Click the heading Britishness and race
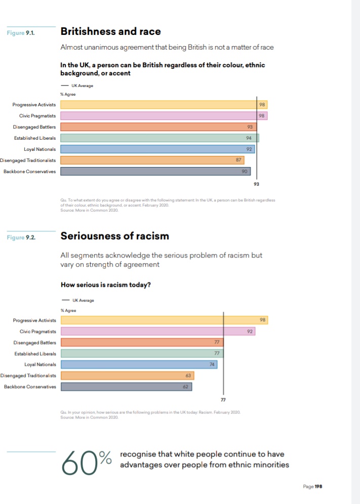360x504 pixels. (110, 31)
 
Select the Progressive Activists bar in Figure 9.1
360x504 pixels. (164, 105)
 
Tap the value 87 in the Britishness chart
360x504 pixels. (238, 160)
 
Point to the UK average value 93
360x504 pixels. (257, 185)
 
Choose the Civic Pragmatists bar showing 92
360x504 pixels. (157, 331)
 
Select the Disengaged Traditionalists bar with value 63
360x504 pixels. (127, 375)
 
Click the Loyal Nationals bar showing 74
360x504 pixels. (139, 364)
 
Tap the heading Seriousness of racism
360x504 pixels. (114, 236)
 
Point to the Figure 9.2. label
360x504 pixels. (21, 237)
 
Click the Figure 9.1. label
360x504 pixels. (21, 33)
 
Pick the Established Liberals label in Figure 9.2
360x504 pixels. (35, 353)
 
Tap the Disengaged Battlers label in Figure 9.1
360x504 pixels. (34, 127)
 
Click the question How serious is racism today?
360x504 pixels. (105, 284)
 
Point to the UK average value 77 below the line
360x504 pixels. (223, 400)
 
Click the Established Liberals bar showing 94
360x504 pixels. (159, 138)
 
